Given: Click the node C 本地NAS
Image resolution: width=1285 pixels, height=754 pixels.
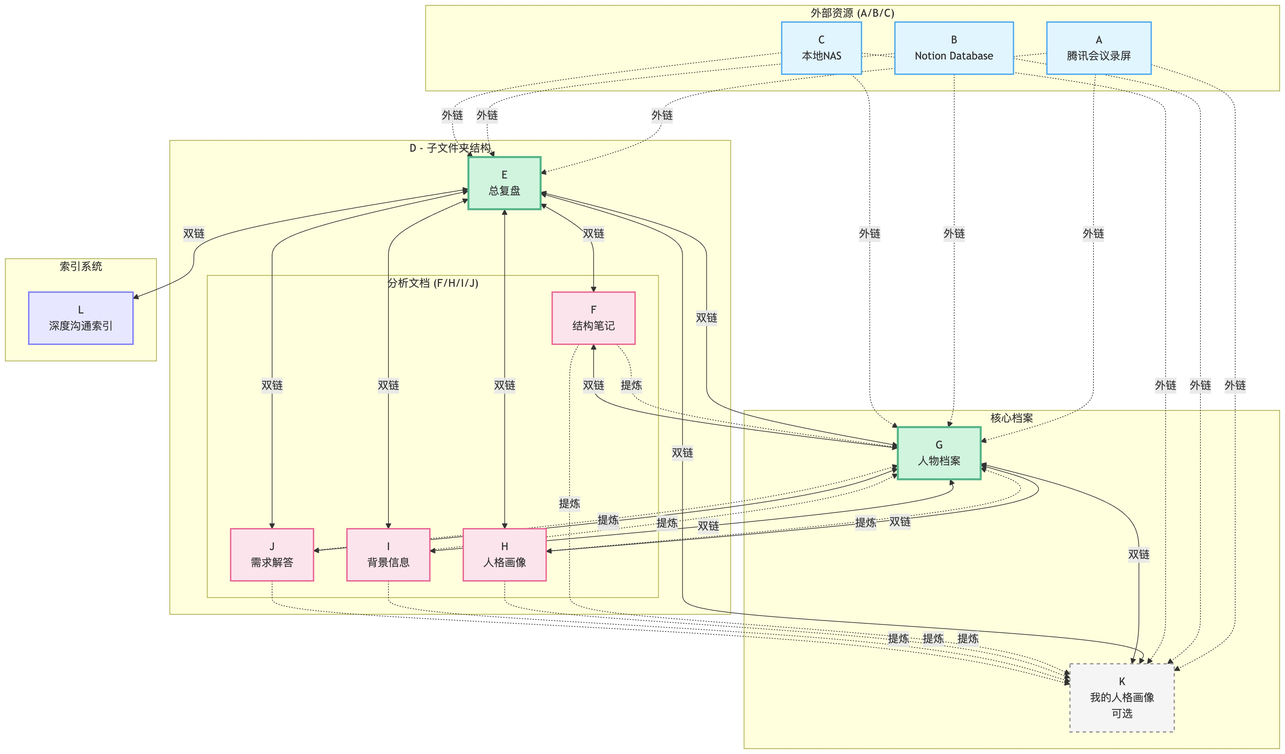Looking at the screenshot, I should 821,48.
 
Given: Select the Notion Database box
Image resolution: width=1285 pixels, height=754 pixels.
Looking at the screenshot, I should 953,48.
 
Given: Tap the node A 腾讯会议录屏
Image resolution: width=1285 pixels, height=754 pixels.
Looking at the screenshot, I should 1098,48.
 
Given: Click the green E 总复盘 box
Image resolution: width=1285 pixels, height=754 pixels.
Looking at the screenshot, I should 504,183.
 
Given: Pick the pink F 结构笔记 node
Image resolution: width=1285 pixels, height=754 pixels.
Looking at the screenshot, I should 593,318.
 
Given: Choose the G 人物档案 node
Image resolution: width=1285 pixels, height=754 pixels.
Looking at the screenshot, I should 938,453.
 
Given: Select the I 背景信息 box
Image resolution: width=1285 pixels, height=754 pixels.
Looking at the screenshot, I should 388,555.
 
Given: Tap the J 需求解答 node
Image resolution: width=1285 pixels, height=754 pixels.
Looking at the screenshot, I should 272,555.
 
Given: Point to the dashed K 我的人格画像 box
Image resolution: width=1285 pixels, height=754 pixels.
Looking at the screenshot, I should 1121,698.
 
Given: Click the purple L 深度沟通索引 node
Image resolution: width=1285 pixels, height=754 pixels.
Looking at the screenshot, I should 81,318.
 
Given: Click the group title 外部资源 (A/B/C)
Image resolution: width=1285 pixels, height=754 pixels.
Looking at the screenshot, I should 852,13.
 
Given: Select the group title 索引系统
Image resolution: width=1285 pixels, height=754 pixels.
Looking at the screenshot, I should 81,266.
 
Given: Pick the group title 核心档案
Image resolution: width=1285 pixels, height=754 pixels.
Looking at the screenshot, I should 1011,418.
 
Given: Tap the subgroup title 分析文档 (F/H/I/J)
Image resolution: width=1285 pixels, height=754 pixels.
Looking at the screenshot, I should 433,283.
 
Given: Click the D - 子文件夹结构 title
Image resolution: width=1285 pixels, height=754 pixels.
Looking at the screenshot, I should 450,148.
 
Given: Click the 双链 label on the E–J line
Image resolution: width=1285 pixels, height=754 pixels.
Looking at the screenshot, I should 272,385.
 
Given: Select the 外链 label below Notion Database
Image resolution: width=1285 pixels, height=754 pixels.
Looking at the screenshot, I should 953,234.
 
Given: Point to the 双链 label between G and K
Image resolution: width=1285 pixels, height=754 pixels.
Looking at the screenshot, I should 1138,554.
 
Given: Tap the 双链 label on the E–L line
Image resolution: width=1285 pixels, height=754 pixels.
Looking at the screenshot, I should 194,234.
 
